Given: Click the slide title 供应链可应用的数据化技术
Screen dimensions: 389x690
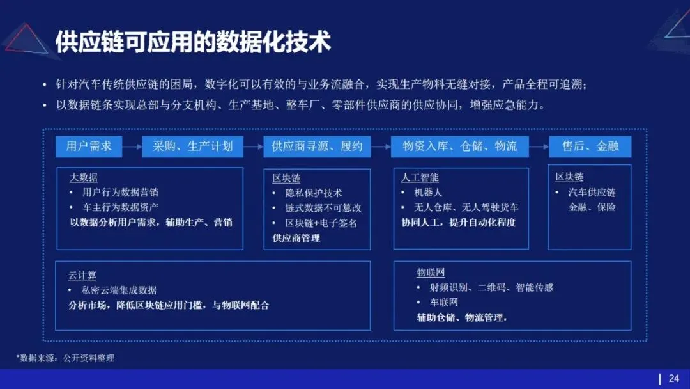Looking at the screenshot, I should [193, 42].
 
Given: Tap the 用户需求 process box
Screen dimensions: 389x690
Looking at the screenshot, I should [89, 146].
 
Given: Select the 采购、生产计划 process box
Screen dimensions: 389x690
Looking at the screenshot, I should [192, 146].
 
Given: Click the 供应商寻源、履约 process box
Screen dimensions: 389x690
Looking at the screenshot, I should [317, 146].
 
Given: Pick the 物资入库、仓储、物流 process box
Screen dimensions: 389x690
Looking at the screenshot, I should [460, 146].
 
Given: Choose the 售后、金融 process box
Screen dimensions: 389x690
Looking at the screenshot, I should [590, 146].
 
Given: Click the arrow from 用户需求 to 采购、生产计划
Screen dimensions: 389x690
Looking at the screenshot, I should [132, 147].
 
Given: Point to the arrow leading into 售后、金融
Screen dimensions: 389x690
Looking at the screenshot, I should [539, 147].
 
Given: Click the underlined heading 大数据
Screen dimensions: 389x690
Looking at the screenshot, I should [83, 177].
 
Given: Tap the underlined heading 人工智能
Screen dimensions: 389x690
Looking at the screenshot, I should [420, 177].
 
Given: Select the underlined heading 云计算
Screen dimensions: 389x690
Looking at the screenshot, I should [82, 275].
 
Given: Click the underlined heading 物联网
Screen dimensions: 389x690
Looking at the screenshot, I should [431, 273].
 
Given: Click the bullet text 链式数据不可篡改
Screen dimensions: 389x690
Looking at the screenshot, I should [323, 208].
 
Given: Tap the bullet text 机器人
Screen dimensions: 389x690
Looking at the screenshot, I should [428, 192].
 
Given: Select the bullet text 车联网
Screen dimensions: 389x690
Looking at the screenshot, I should [444, 302].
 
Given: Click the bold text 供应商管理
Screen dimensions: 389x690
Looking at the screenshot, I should [296, 238].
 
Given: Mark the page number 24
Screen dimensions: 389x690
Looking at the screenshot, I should [674, 378].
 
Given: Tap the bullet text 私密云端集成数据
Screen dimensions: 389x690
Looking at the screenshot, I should [119, 290].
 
